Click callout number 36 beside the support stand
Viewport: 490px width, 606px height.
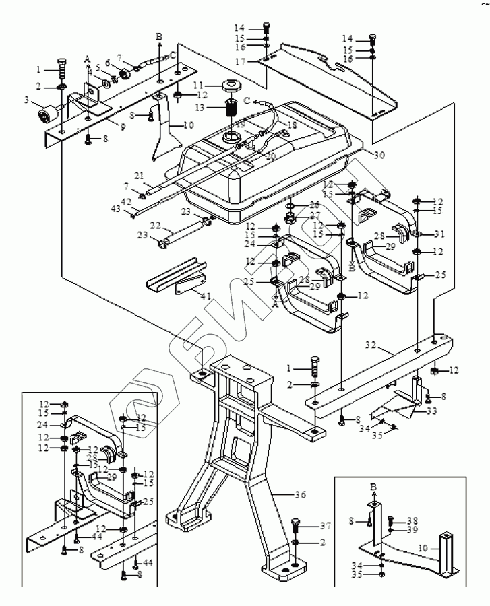pos(301,495)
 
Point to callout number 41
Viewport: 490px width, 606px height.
pos(205,294)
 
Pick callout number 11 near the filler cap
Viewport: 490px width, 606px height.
pos(198,85)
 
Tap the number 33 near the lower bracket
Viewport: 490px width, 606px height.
pos(432,411)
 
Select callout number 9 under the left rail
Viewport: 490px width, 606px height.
pos(123,127)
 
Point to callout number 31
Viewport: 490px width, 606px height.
pos(439,234)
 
